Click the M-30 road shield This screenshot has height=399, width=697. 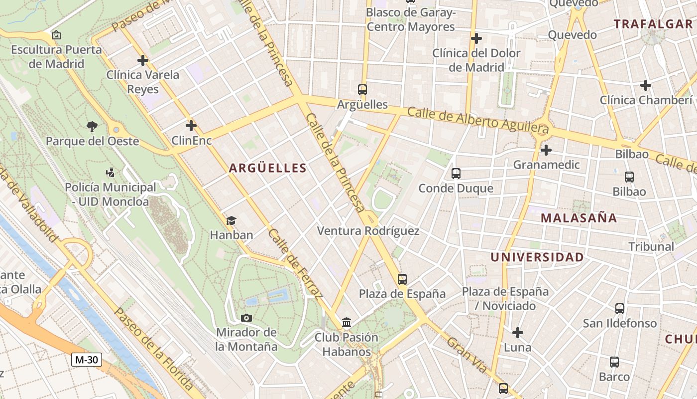pyautogui.click(x=87, y=359)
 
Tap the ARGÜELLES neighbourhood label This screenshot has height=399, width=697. pyautogui.click(x=268, y=169)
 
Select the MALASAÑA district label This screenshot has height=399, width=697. pyautogui.click(x=579, y=218)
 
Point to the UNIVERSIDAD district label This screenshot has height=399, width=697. pyautogui.click(x=537, y=257)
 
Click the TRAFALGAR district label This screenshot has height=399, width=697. pyautogui.click(x=653, y=24)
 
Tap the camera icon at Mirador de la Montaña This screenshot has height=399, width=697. pyautogui.click(x=246, y=318)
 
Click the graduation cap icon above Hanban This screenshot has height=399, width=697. pyautogui.click(x=231, y=220)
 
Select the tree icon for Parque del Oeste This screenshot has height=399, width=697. pyautogui.click(x=92, y=127)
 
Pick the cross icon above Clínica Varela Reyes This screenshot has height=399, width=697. pyautogui.click(x=143, y=60)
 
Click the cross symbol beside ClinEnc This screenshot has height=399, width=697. pyautogui.click(x=191, y=126)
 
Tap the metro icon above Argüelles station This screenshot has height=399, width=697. pyautogui.click(x=362, y=90)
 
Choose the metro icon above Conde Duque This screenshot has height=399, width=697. pyautogui.click(x=456, y=174)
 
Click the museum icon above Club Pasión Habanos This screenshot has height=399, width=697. pyautogui.click(x=347, y=323)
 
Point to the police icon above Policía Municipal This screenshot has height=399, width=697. pyautogui.click(x=110, y=173)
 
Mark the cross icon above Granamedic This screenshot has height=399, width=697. pyautogui.click(x=546, y=150)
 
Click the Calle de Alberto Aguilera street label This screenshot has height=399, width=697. pyautogui.click(x=478, y=120)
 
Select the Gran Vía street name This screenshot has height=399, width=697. pyautogui.click(x=466, y=355)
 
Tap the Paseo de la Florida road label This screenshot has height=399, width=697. pyautogui.click(x=153, y=349)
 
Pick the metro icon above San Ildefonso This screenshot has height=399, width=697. pyautogui.click(x=620, y=309)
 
